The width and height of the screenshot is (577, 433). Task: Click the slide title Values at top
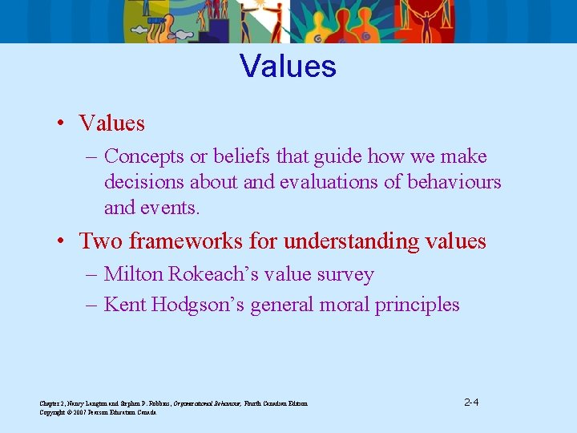[x=288, y=66]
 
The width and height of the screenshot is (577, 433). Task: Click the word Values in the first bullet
[x=111, y=123]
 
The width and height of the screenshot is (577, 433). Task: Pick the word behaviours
[x=454, y=182]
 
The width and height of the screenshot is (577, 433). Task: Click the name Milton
[x=135, y=274]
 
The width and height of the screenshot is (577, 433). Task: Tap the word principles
[x=422, y=305]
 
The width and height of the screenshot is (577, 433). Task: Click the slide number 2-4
[x=471, y=402]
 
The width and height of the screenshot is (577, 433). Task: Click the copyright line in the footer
[x=98, y=412]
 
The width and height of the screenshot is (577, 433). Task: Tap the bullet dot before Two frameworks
[x=62, y=241]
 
